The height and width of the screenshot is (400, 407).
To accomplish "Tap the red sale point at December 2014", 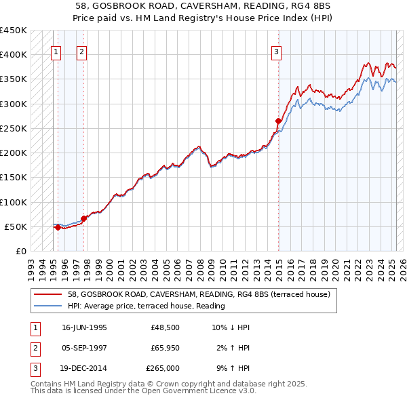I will click(278, 121).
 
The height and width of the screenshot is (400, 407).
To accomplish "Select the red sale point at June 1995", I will click(58, 228).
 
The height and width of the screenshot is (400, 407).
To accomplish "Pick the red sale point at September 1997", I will click(83, 218).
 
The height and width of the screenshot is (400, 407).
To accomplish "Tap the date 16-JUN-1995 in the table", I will click(84, 327).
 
